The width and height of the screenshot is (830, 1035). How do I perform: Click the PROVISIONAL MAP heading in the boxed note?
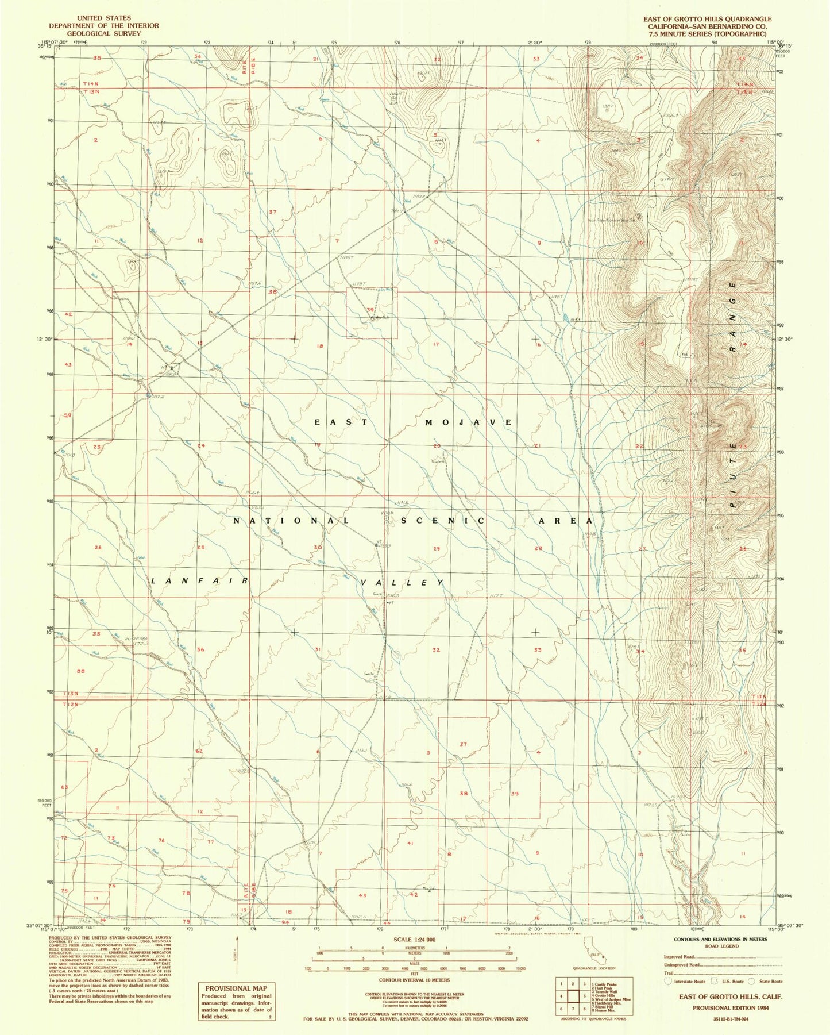pos(236,988)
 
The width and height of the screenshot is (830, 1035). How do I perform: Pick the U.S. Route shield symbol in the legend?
pos(715,981)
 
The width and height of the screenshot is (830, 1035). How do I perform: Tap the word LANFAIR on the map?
pos(200,581)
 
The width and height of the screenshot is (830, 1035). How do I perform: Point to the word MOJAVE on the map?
pos(468,422)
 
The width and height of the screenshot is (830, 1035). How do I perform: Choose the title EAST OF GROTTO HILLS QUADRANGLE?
pos(707,19)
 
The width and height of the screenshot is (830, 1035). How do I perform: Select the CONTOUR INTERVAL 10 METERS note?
pos(414,980)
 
